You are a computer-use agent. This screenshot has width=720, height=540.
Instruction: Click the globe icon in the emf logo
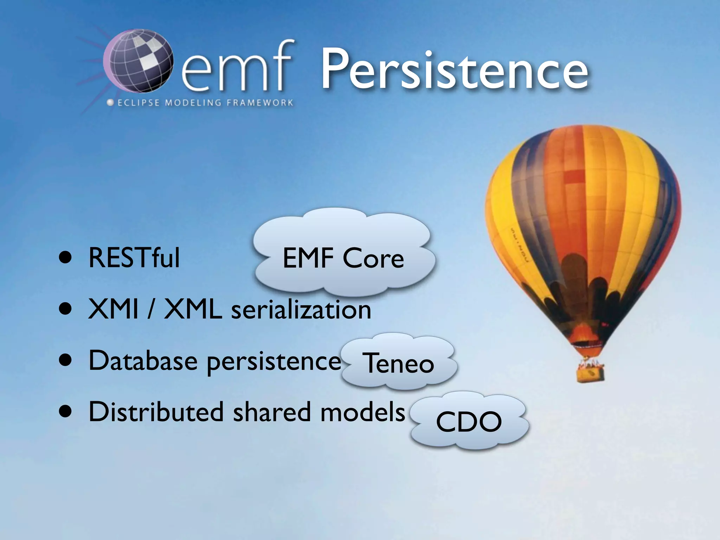(x=139, y=60)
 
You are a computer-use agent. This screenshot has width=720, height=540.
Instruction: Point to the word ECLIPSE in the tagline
(x=139, y=103)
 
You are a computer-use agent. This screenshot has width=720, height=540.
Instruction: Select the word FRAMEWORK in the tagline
(x=260, y=103)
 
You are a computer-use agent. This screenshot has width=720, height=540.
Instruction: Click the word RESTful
(x=134, y=258)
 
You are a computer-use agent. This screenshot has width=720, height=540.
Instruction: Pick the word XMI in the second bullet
(x=113, y=309)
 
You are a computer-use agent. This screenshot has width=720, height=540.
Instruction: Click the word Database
(x=143, y=361)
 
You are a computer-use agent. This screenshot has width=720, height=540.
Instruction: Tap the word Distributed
(x=156, y=412)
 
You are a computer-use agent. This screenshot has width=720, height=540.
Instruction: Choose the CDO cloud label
(x=469, y=422)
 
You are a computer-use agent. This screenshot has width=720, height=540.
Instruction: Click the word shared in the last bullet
(x=272, y=412)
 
